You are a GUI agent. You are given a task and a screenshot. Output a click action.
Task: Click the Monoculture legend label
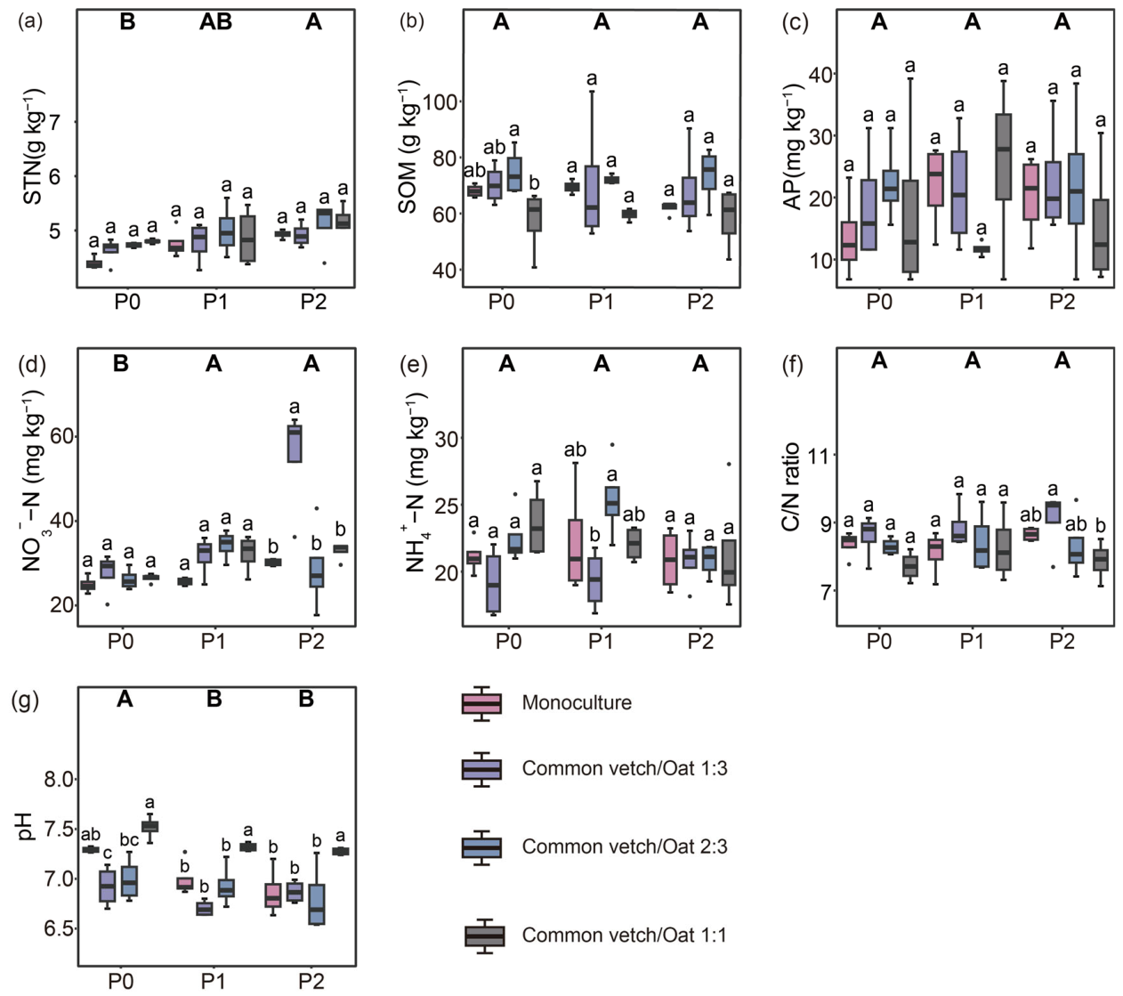[577, 702]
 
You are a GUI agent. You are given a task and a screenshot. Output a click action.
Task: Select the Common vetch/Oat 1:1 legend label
[624, 935]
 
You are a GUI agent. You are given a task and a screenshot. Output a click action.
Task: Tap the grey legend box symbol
[484, 936]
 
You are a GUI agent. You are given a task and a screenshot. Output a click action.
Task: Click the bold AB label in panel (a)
[215, 21]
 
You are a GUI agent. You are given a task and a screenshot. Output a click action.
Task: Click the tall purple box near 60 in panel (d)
[295, 443]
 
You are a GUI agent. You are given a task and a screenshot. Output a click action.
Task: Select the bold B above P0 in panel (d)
[121, 363]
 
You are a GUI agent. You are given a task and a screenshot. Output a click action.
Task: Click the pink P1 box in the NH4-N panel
[574, 550]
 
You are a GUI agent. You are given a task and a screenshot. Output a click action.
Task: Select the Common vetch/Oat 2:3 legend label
[624, 846]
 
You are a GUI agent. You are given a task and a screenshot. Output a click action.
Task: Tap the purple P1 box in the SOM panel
[592, 196]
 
